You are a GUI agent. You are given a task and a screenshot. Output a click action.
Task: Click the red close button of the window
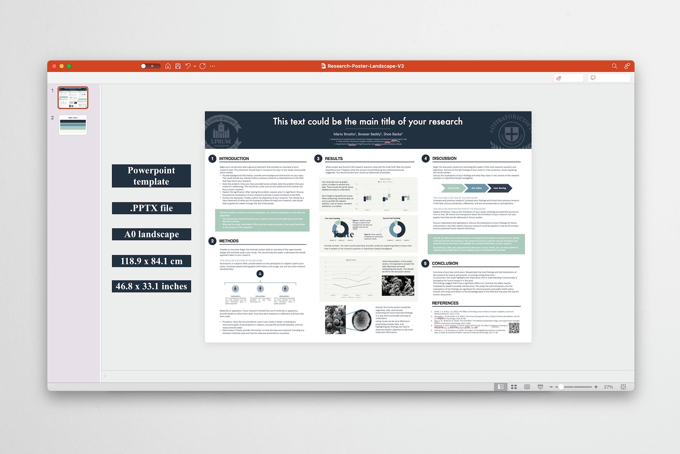point(54,66)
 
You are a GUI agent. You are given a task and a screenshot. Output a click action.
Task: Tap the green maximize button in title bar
point(69,66)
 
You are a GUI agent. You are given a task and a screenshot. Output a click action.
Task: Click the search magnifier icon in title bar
point(614,66)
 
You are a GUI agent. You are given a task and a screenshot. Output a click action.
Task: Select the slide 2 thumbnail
point(73,125)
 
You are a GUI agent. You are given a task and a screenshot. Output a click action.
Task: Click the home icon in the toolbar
point(168,66)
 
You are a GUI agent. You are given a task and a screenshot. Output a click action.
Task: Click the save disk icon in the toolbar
point(178,66)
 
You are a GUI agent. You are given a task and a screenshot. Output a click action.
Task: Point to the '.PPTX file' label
point(152,208)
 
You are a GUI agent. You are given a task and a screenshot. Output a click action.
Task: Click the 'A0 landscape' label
point(152,235)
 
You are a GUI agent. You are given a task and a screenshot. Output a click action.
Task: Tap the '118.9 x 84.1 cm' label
point(152,261)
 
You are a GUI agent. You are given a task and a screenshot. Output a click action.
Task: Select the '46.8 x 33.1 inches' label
point(152,286)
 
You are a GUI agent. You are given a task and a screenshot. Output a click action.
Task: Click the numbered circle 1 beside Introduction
point(212,159)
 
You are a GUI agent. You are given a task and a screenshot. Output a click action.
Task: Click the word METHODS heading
point(229,241)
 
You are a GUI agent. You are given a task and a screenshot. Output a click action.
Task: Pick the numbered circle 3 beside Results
point(318,159)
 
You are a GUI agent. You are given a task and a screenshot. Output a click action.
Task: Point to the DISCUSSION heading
point(444,159)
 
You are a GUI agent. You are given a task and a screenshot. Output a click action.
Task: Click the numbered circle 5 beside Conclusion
point(425,264)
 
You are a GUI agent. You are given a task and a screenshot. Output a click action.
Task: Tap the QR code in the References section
point(514,328)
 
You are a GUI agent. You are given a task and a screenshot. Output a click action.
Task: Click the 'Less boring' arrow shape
point(500,188)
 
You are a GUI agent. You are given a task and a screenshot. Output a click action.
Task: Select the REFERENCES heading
point(445,303)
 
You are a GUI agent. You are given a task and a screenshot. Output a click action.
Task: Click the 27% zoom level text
point(608,387)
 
